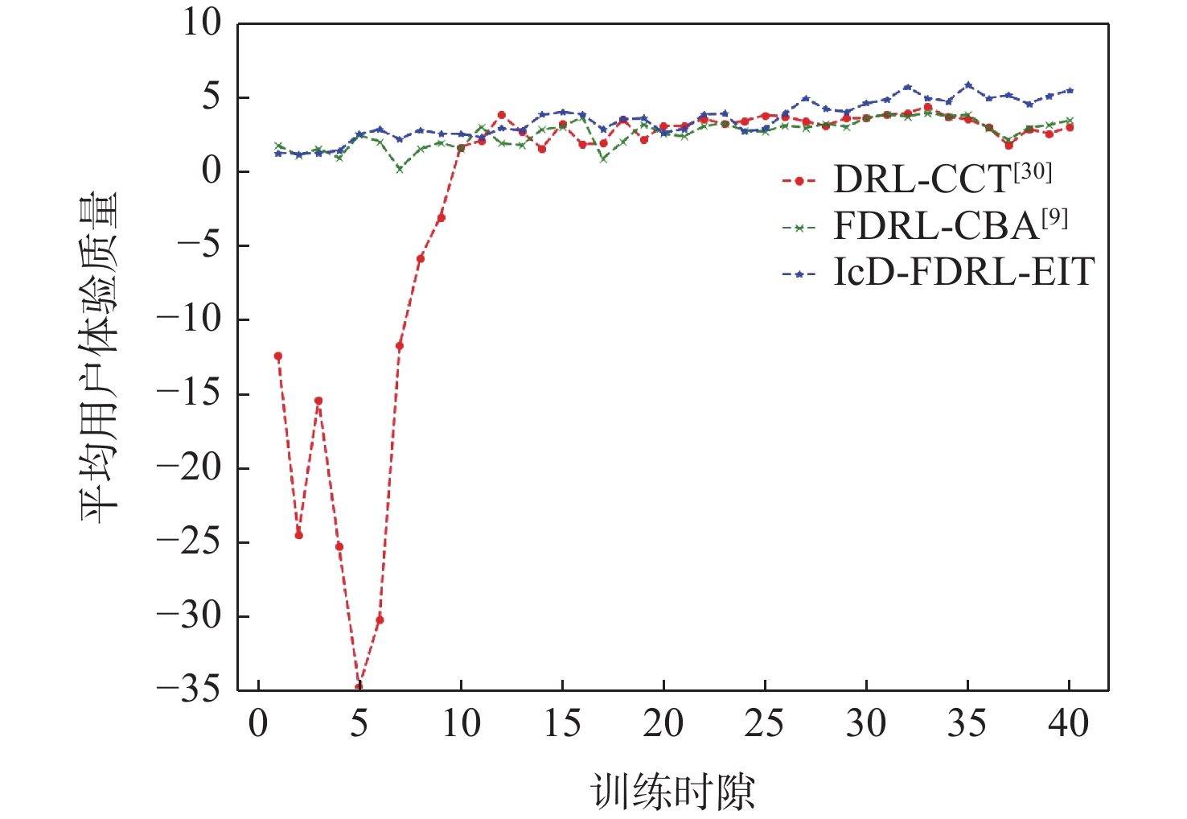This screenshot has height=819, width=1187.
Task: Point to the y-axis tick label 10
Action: click(x=201, y=23)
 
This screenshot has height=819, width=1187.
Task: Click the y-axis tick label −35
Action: click(x=188, y=689)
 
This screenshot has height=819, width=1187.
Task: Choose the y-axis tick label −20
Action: click(x=188, y=467)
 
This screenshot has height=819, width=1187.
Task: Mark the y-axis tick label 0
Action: click(x=212, y=171)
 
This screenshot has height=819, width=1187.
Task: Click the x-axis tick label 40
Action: click(x=1069, y=724)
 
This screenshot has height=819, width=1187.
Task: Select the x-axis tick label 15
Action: click(x=562, y=724)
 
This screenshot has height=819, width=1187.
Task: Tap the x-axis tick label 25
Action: click(x=765, y=724)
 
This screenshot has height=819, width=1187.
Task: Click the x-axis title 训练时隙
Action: click(x=674, y=792)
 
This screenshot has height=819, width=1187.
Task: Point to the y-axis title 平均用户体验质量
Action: click(x=99, y=357)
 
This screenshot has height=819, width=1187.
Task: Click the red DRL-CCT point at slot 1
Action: click(x=278, y=356)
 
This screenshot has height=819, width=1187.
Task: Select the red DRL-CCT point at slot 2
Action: click(x=298, y=535)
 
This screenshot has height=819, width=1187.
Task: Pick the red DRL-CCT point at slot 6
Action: click(x=380, y=619)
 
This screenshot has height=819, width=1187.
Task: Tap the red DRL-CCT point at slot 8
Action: click(x=421, y=258)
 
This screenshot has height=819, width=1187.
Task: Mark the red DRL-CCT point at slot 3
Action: click(x=318, y=401)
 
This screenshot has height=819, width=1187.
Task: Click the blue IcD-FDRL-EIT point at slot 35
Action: click(x=968, y=85)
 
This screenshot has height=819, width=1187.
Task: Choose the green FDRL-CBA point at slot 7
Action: click(x=400, y=169)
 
